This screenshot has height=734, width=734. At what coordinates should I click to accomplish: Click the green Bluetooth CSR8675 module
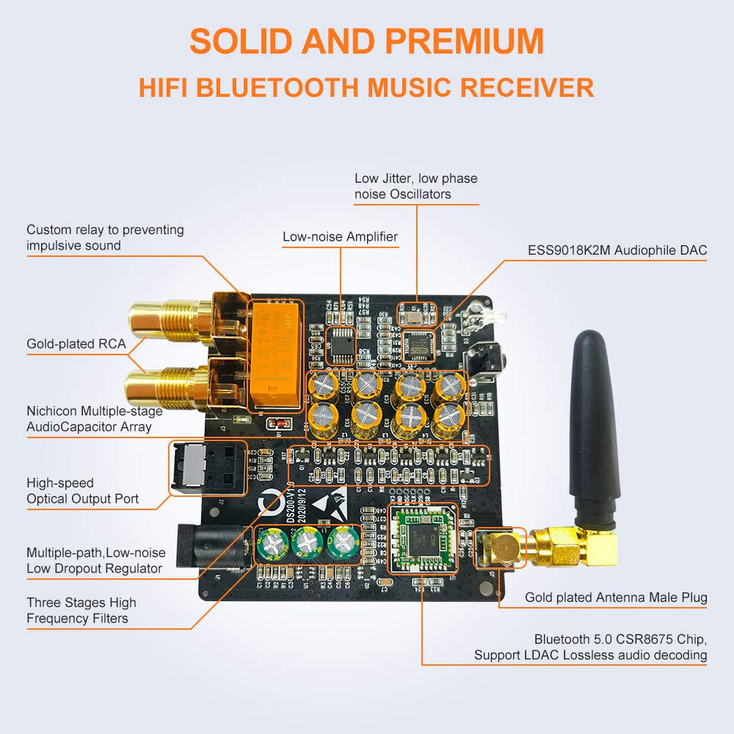[x=421, y=539]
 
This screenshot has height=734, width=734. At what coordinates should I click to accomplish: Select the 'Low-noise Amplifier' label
[x=340, y=236]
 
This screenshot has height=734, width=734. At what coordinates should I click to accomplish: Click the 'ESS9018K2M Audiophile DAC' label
[x=617, y=250]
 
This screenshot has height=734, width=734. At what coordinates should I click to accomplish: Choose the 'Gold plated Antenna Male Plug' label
[x=616, y=597]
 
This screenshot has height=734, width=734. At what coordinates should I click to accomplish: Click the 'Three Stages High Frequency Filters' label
[x=81, y=610]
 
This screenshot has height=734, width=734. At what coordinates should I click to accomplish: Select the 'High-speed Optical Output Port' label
[x=82, y=491]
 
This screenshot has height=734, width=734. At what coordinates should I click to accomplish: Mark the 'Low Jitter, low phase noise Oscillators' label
[x=415, y=186]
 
